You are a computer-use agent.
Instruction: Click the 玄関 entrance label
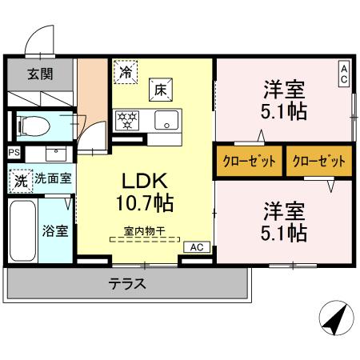pos(40,74)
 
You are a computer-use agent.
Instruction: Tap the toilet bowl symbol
pos(34,126)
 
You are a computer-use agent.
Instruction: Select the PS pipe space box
pos(14,153)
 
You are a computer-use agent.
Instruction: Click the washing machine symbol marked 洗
pos(21,181)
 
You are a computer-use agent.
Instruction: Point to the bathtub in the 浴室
pos(23,231)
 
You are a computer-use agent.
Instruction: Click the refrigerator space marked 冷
pos(126,72)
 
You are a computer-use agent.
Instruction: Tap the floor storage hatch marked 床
pos(161,90)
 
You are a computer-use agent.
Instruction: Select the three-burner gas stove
pos(127,121)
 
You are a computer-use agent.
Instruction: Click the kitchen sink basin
pos(166,120)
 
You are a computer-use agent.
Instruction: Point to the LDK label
pos(145,181)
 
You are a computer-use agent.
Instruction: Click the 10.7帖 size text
pos(145,202)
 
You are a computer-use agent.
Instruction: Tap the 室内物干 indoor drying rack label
pos(145,231)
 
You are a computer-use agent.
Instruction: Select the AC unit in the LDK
pos(197,247)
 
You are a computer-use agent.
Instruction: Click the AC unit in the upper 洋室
pos(344,74)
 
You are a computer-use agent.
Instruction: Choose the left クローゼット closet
pos(250,161)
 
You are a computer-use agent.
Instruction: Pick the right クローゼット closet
pos(319,161)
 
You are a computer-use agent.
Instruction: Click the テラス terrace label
pos(127,283)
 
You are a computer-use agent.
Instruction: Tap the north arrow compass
pos(337,318)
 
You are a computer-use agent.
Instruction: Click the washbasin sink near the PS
pos(56,154)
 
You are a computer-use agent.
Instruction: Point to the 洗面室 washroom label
pos(54,178)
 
